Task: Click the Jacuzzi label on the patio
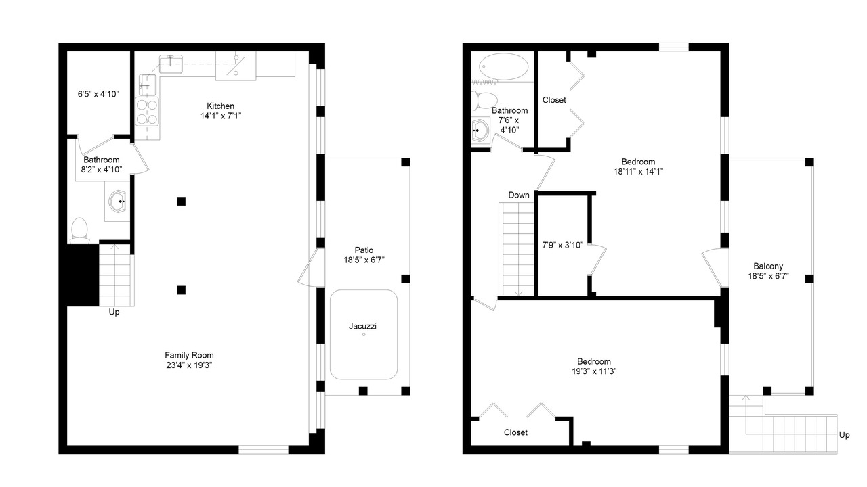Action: tap(362, 326)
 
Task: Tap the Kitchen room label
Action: tap(220, 106)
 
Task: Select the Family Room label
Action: tap(189, 355)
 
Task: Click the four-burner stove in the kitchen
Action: tap(147, 112)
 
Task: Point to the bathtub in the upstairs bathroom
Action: tap(503, 67)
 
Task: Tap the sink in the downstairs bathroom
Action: tap(117, 202)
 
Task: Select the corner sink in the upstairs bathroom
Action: tap(481, 131)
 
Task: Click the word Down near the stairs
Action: tap(519, 195)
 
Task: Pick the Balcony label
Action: tap(768, 266)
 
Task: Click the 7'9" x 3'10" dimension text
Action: tap(562, 245)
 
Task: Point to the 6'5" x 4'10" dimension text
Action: tap(98, 94)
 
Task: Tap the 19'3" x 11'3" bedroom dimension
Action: tap(594, 371)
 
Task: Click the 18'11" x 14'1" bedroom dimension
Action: tap(638, 172)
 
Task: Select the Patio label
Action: tap(364, 250)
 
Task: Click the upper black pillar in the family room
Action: tap(181, 202)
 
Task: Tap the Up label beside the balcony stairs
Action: tap(844, 435)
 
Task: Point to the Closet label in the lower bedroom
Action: tap(515, 432)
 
